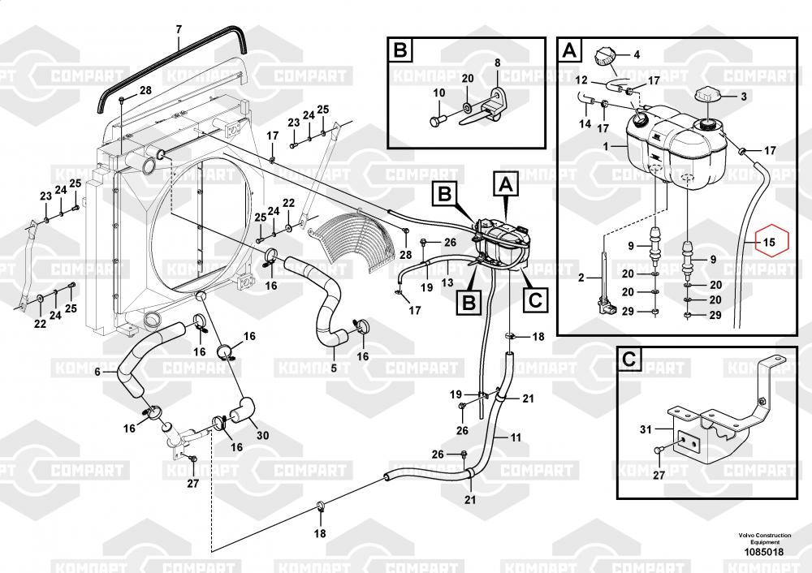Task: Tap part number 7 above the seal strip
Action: click(x=179, y=29)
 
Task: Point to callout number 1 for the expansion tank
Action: click(x=606, y=146)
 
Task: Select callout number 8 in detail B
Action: click(x=497, y=63)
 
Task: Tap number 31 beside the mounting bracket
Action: click(x=646, y=429)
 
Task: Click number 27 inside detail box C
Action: click(x=659, y=475)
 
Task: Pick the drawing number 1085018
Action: click(x=764, y=552)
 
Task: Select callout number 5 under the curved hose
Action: click(x=334, y=368)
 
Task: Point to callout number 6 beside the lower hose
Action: click(x=97, y=371)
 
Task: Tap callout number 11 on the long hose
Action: click(x=516, y=438)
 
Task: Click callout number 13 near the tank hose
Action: click(x=447, y=282)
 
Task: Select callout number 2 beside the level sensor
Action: click(x=581, y=278)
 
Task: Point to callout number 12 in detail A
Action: click(x=581, y=80)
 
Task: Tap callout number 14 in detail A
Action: click(x=585, y=123)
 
